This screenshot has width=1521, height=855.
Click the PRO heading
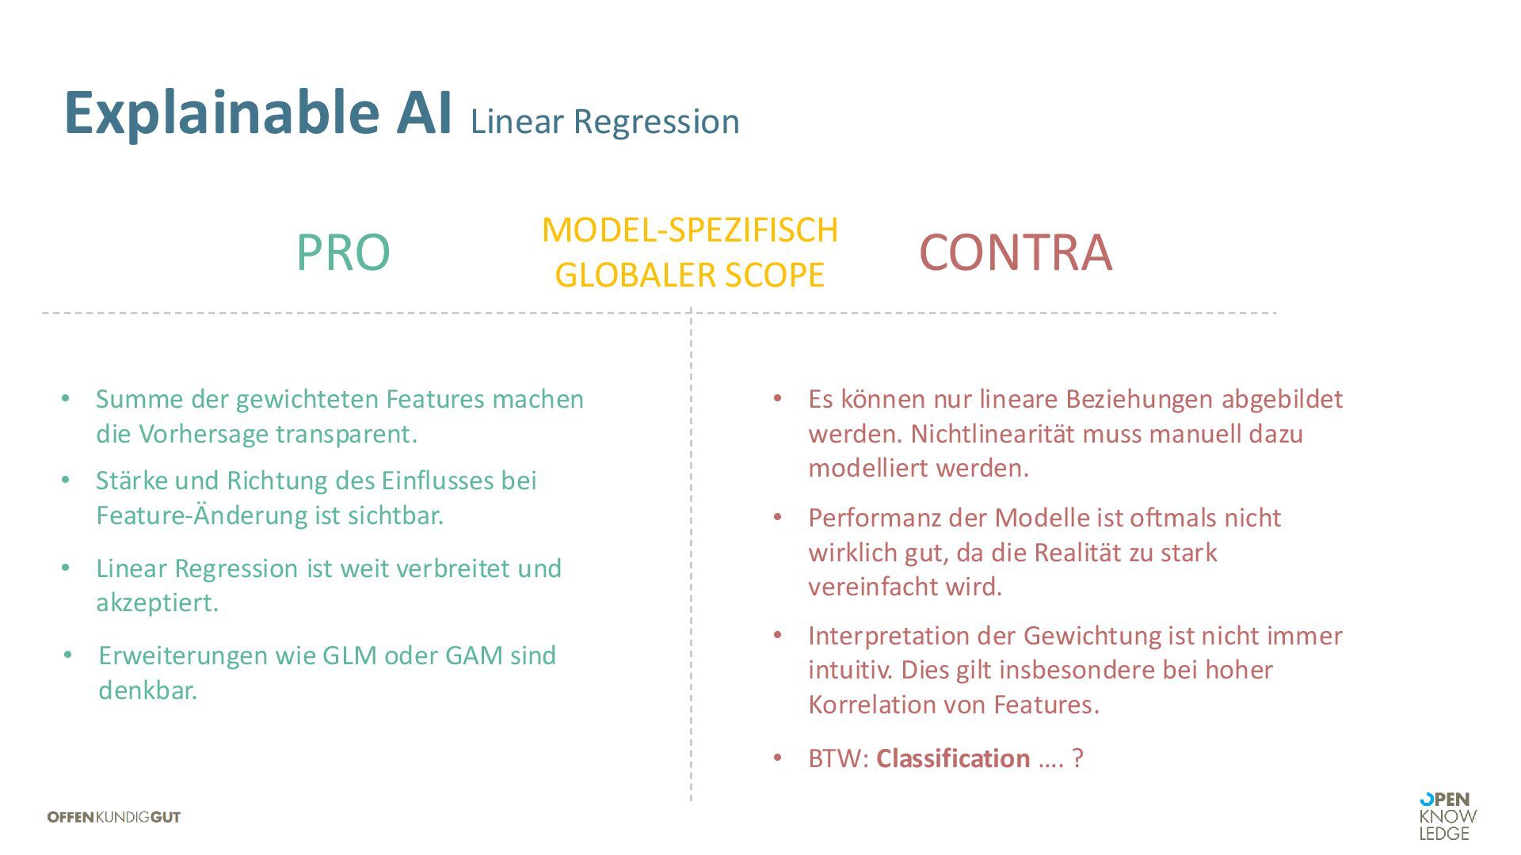click(x=343, y=253)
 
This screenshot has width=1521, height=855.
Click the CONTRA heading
click(x=1015, y=253)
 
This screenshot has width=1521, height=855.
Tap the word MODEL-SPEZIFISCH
click(x=689, y=230)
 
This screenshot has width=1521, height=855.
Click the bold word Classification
click(x=953, y=758)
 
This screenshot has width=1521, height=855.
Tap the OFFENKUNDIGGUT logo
click(x=114, y=817)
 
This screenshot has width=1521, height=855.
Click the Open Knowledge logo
click(x=1447, y=816)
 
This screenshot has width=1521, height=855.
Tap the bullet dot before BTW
click(x=778, y=758)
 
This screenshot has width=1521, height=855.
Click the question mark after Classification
click(x=1077, y=758)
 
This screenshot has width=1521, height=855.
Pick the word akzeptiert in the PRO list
click(x=157, y=603)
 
